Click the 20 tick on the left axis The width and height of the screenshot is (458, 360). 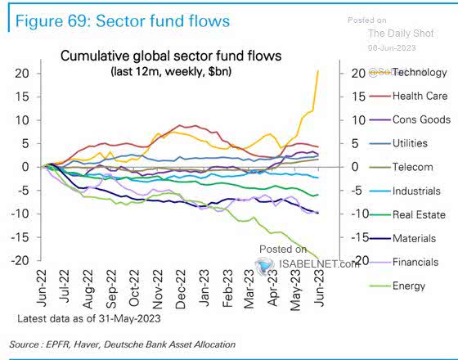click(x=23, y=73)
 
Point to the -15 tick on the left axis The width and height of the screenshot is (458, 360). click(x=21, y=237)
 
